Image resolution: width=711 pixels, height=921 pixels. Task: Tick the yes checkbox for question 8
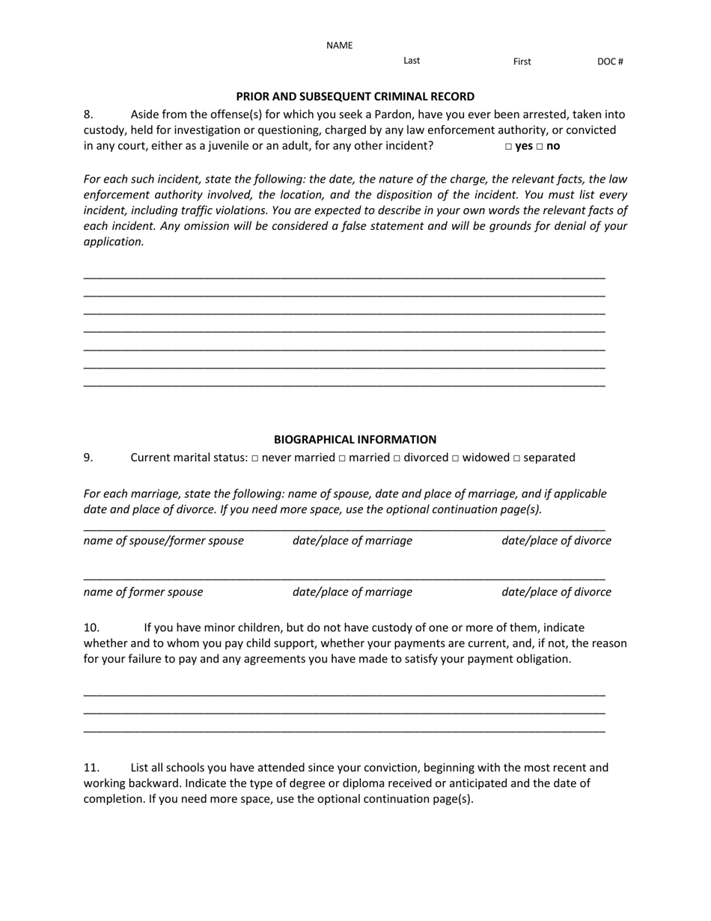(509, 147)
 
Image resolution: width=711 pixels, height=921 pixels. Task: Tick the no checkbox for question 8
(540, 147)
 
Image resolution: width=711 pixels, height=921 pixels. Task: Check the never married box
(255, 458)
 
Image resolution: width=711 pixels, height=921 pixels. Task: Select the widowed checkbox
(455, 458)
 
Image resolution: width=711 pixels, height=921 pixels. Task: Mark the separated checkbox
(516, 458)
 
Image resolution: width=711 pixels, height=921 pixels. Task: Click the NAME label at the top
(339, 46)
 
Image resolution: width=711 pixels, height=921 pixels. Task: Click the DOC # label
(610, 62)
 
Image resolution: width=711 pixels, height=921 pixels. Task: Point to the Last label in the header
(412, 61)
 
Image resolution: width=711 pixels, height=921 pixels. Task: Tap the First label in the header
(522, 62)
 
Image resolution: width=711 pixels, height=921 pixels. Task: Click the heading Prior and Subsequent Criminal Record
(355, 97)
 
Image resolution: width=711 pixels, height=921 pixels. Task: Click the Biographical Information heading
(355, 440)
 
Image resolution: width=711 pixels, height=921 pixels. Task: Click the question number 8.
(88, 115)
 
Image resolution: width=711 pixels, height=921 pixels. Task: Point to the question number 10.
(91, 627)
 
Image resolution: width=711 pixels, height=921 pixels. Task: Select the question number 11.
(91, 767)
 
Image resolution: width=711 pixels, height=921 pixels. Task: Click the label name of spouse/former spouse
(163, 541)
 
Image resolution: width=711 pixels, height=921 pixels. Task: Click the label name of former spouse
(143, 592)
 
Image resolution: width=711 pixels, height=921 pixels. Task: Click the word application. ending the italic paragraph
(113, 242)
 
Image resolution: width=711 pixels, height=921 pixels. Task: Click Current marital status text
(189, 458)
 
